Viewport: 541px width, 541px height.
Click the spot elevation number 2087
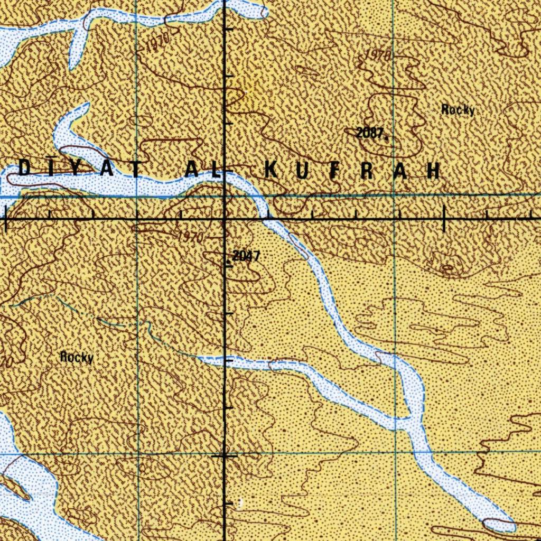(x=369, y=133)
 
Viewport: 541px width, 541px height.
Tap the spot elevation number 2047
(x=246, y=256)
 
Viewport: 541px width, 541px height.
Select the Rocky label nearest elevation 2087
(x=458, y=110)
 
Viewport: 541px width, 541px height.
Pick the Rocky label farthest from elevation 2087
(x=77, y=358)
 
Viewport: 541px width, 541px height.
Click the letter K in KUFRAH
(x=271, y=170)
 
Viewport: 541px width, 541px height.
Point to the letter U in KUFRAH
(x=305, y=170)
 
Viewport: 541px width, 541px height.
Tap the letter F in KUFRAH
(x=336, y=170)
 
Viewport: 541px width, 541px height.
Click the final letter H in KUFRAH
(x=434, y=170)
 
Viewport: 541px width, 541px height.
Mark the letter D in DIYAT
(x=25, y=169)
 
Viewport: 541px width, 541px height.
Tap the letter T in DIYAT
(x=136, y=169)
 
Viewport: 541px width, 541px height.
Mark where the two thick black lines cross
(x=226, y=218)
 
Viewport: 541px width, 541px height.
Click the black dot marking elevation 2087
(x=387, y=138)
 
